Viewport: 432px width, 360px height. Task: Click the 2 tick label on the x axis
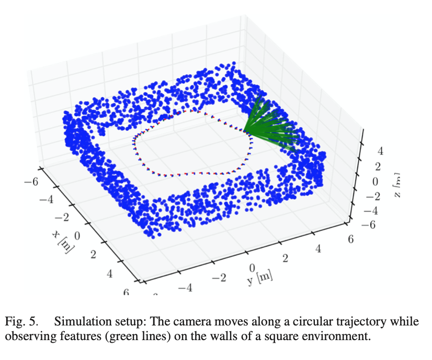[94, 255]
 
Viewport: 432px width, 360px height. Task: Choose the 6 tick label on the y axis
[350, 239]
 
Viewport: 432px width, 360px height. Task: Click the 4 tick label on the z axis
[380, 152]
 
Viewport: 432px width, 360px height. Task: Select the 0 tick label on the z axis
[375, 182]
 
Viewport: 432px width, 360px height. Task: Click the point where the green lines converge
[244, 131]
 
